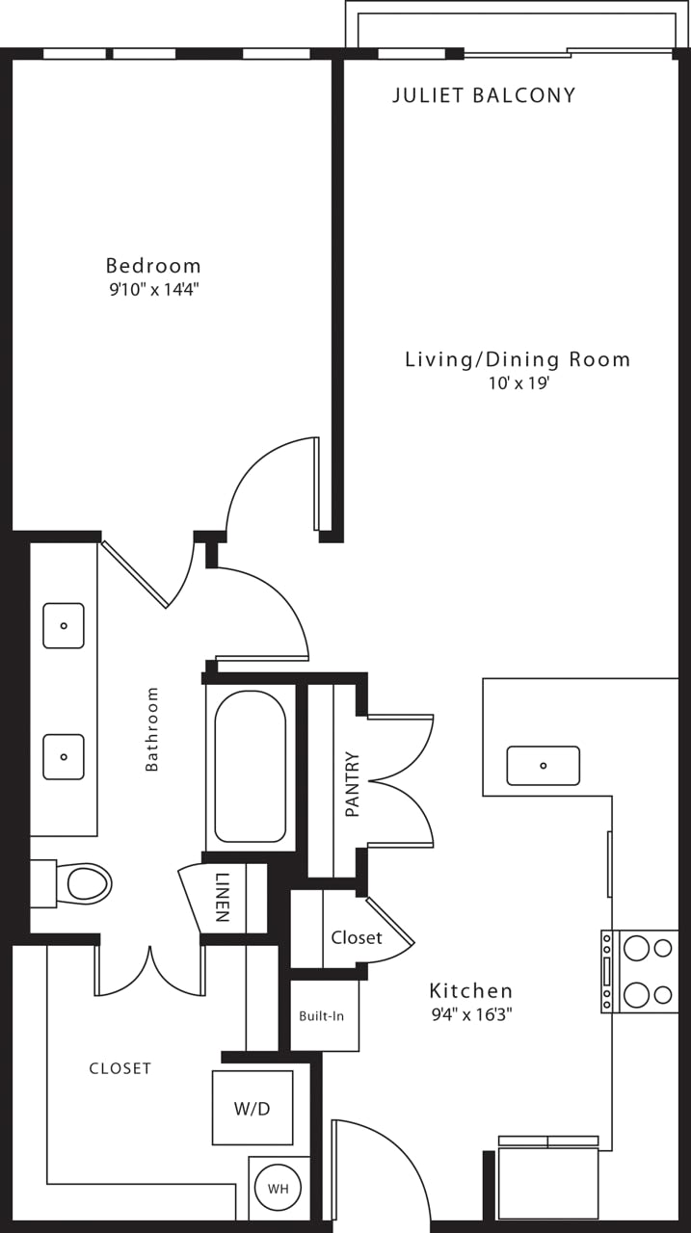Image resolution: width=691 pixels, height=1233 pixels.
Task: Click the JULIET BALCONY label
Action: [484, 95]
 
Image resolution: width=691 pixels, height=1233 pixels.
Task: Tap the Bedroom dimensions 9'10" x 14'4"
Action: [154, 289]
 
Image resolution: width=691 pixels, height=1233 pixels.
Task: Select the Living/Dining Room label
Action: [517, 359]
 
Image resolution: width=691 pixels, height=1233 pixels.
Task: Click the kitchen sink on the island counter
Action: [543, 766]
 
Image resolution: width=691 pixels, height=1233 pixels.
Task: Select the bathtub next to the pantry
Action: [251, 767]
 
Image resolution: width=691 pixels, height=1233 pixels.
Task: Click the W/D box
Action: [252, 1108]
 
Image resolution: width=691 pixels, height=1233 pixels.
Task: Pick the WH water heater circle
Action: [278, 1189]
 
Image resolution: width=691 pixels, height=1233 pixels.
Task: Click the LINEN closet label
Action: [223, 898]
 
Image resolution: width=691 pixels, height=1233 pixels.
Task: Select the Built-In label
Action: [321, 1015]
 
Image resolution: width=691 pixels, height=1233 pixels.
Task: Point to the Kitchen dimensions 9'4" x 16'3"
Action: [470, 1013]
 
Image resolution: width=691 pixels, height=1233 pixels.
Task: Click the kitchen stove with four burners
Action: [641, 971]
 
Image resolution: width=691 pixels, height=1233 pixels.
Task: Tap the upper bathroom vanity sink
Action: [64, 625]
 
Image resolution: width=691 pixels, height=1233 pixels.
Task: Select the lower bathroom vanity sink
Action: [64, 756]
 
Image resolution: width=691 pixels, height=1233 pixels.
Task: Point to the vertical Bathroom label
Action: [151, 729]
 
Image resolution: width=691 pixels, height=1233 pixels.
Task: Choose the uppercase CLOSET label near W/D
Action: [120, 1068]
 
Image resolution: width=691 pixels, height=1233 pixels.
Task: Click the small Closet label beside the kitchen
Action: [357, 937]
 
